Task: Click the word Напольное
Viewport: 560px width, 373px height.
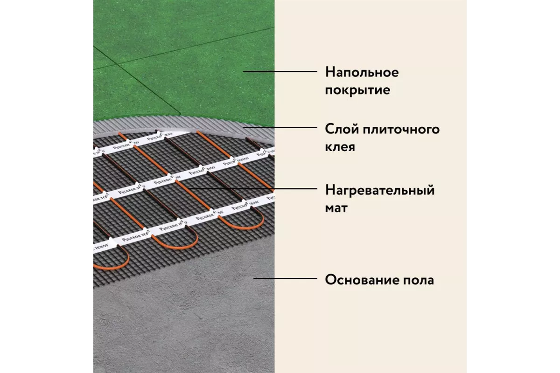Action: tap(362, 73)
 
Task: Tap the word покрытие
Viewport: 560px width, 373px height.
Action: tap(357, 90)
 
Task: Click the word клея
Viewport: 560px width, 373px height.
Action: tap(340, 147)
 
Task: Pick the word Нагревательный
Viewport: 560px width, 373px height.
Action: tap(380, 190)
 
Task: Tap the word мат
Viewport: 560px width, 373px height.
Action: tap(336, 207)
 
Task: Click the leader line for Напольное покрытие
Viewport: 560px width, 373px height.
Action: tap(280, 71)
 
